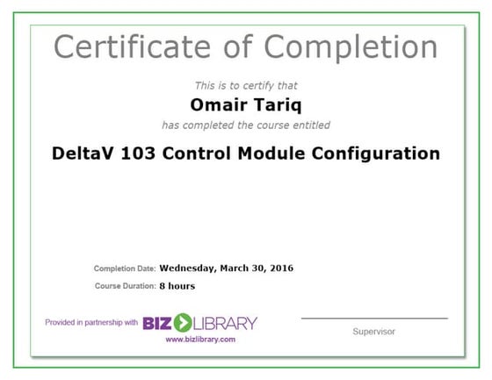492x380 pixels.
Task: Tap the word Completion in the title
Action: pos(351,46)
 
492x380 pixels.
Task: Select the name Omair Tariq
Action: pos(245,105)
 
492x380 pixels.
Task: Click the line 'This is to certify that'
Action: pos(246,86)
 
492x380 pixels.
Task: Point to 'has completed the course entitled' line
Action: pos(246,125)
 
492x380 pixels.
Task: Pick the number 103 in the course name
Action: pos(141,154)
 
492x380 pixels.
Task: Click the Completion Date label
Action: pos(124,268)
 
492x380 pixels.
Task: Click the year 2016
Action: pos(282,268)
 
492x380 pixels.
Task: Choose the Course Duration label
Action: pos(124,286)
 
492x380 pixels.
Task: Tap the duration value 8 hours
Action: pos(177,286)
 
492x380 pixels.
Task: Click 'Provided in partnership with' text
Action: pos(90,322)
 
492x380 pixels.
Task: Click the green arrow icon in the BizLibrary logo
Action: pos(183,322)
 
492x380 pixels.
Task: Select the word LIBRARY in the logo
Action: pos(226,322)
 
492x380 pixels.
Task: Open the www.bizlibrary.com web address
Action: pos(200,340)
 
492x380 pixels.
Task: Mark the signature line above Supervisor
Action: pos(373,318)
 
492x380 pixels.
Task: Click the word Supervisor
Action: pos(373,332)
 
